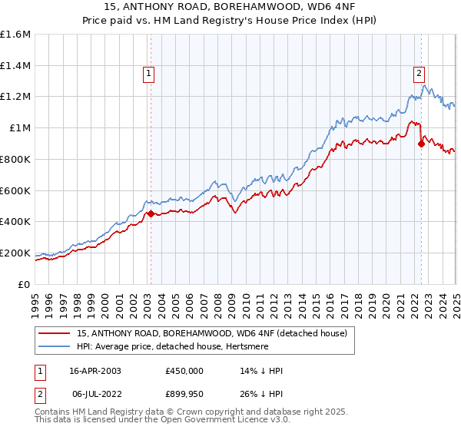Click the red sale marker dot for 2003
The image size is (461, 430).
point(151,213)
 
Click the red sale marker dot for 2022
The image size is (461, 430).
point(421,143)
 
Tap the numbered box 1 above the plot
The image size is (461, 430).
point(148,74)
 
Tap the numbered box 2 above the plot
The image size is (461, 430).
point(419,74)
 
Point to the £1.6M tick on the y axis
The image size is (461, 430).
point(15,34)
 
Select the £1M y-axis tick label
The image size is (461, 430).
point(19,127)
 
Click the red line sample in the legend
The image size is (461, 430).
point(55,333)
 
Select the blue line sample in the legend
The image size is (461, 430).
point(55,346)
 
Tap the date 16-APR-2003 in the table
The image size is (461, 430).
point(95,371)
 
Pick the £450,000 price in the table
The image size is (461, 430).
point(184,371)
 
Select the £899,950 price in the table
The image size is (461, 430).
point(184,394)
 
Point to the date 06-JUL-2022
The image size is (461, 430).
point(96,394)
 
